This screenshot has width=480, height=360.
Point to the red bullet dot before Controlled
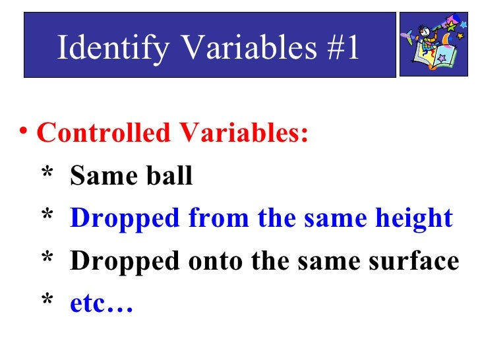tap(24, 133)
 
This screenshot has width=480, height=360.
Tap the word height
tap(412, 219)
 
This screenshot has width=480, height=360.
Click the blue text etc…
tap(102, 305)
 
